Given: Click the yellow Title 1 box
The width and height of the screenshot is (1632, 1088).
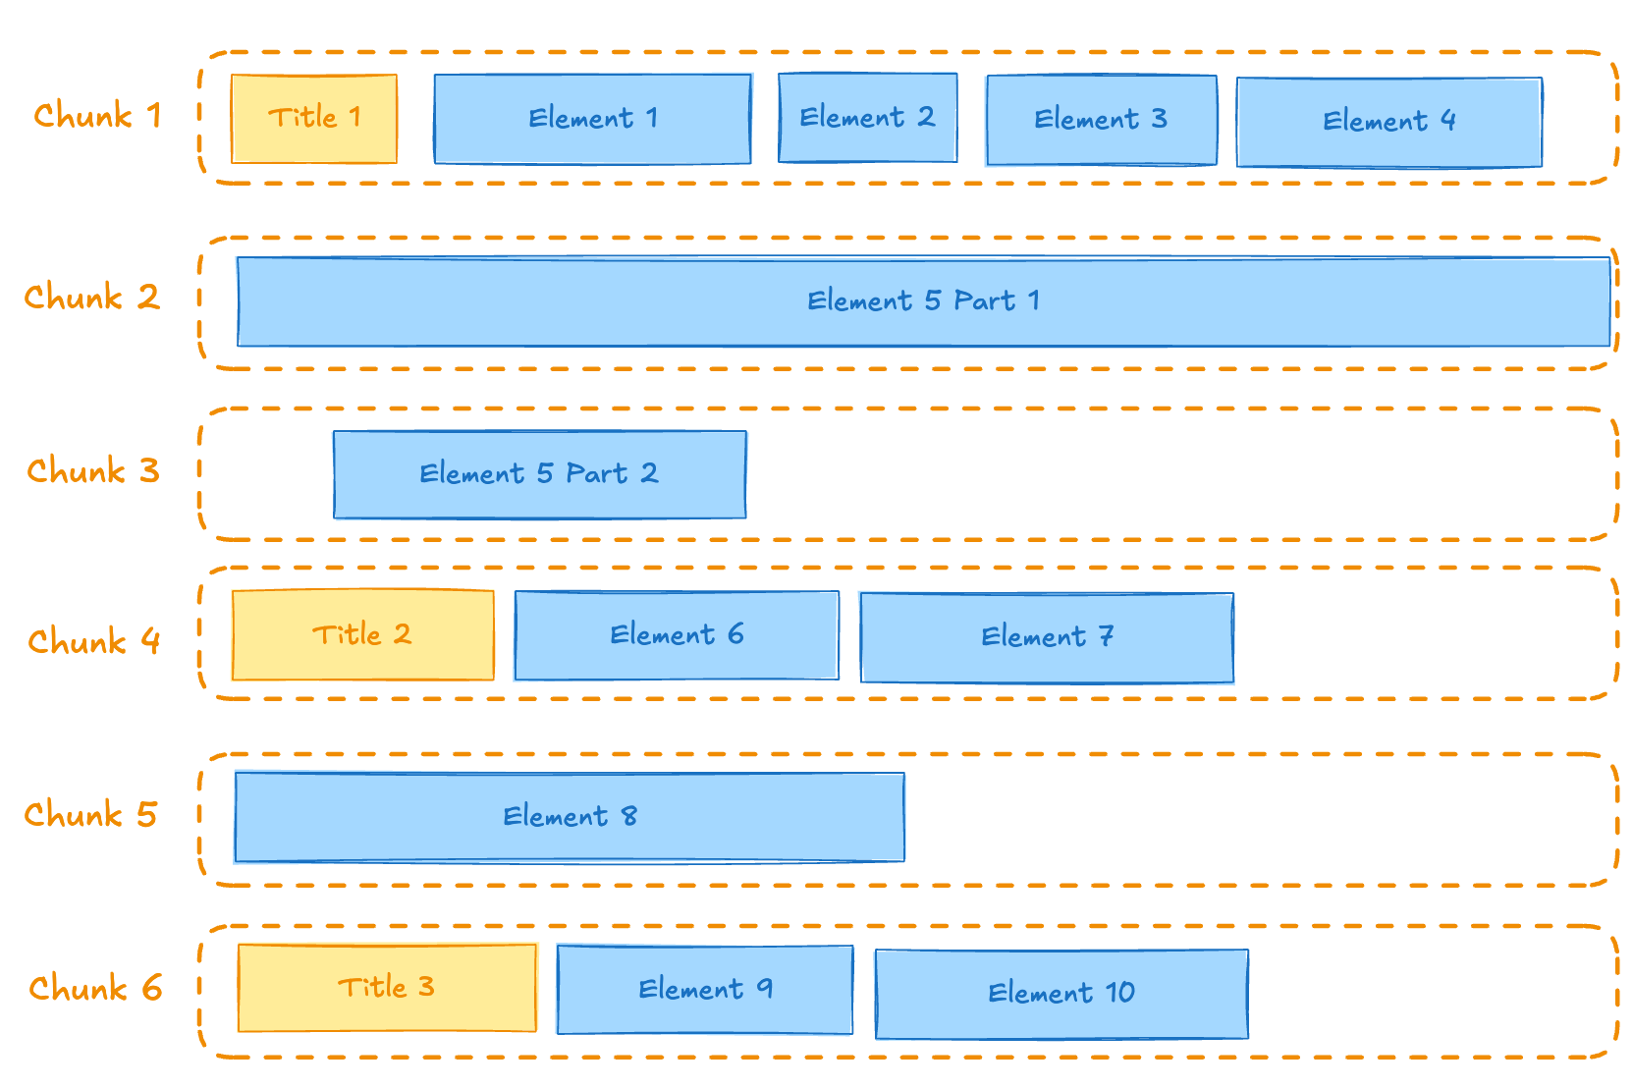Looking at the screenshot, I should (x=314, y=119).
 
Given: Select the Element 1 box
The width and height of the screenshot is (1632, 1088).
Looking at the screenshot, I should (x=592, y=119).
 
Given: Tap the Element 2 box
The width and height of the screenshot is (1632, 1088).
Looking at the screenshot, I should (x=867, y=118).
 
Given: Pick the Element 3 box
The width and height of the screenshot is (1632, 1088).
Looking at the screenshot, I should (x=1101, y=120).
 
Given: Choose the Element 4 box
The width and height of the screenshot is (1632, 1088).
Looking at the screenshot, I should (x=1388, y=122).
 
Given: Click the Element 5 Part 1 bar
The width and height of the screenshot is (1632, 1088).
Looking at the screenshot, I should (x=923, y=301).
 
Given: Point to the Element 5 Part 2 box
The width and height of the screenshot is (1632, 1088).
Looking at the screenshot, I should (x=539, y=474).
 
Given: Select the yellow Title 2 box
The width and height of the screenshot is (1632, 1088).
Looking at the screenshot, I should (x=362, y=635).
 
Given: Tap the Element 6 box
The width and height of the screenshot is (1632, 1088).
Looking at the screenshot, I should (x=677, y=635).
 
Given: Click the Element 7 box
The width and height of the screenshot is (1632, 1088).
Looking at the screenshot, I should (x=1047, y=637).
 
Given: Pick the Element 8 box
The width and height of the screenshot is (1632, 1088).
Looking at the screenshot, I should (x=570, y=817).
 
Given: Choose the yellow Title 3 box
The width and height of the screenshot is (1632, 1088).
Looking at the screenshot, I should (x=387, y=988).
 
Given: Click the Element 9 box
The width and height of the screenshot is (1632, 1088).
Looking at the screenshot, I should (x=704, y=990).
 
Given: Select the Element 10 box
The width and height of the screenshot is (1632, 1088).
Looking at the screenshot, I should (x=1061, y=994).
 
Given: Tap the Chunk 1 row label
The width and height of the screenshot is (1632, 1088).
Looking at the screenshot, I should (x=97, y=116).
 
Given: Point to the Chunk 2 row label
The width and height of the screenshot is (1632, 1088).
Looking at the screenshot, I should (x=91, y=298).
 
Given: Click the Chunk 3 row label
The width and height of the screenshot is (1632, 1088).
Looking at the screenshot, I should (x=92, y=471).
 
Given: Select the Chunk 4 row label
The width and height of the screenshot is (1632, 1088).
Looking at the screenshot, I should (x=93, y=642).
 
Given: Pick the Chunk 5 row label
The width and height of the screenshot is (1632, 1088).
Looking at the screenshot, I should (x=90, y=815).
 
